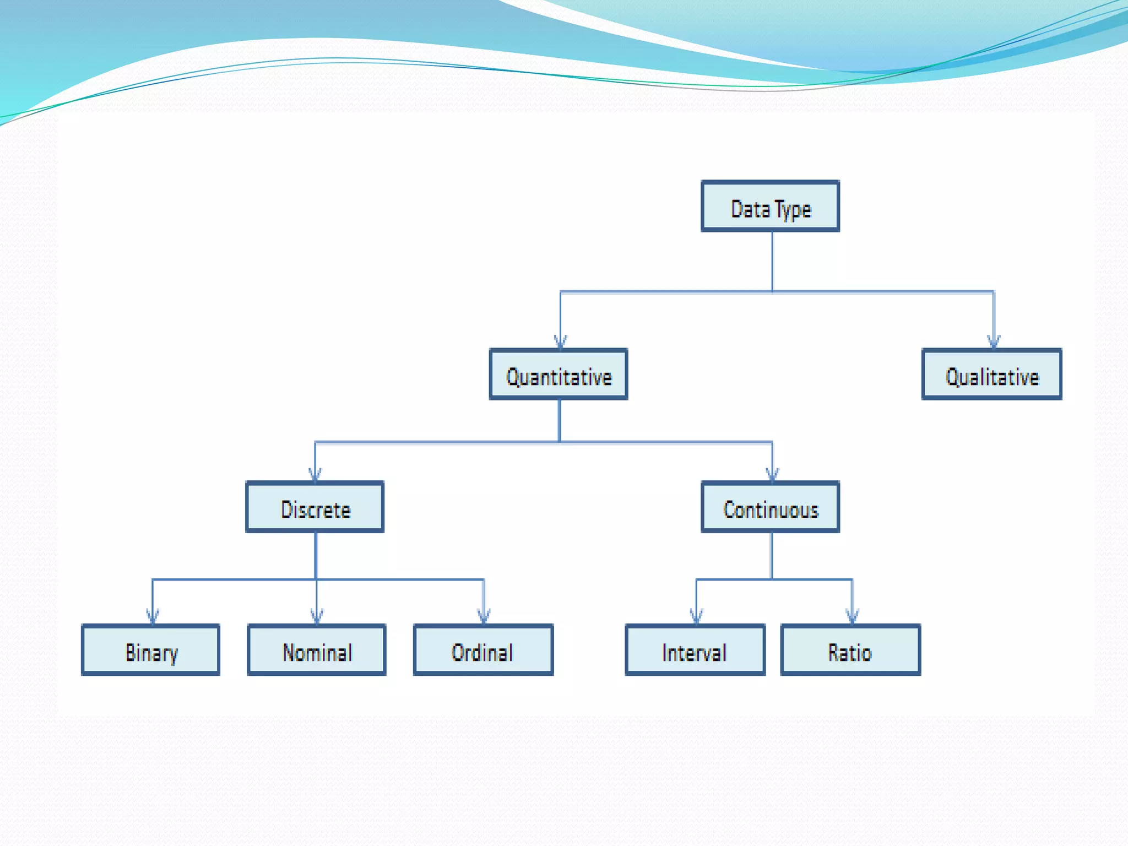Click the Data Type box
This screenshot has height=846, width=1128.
pos(770,206)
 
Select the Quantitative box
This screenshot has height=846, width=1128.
pos(558,375)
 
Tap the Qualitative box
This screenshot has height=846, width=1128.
pos(992,375)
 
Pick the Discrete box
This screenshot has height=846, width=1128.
pos(315,507)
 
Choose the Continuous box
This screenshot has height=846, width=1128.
pos(770,507)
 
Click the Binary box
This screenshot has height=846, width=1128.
pos(151,650)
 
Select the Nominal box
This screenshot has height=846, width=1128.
pos(317,650)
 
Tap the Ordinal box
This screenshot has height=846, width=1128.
pos(484,650)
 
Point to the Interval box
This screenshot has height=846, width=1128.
pos(695,650)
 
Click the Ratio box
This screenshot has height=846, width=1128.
pos(850,650)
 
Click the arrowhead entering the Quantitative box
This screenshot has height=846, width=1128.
pos(561,342)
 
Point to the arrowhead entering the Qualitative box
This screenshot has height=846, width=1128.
pos(994,342)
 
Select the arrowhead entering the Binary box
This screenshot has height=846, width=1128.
pos(153,617)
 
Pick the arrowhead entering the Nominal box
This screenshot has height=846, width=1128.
pos(317,617)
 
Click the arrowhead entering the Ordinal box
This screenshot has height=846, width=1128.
pos(484,617)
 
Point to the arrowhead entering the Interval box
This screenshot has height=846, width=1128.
pos(696,617)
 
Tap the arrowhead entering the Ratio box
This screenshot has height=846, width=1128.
pos(852,617)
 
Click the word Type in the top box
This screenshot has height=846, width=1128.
pos(793,209)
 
